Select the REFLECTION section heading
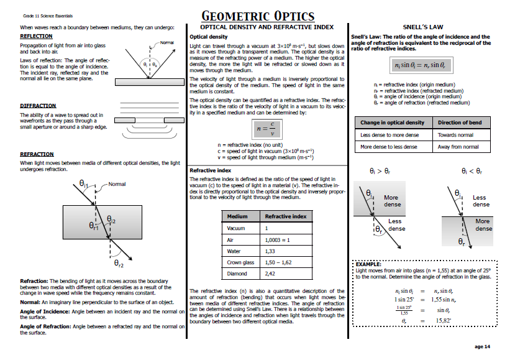tap(36, 36)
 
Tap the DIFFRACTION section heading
tap(38, 106)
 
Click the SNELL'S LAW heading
tap(422, 27)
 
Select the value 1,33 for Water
tap(270, 251)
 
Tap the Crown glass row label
tap(240, 262)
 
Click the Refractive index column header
tap(286, 216)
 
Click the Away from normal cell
tap(458, 147)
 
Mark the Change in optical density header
tap(393, 122)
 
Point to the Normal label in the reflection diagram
tap(166, 42)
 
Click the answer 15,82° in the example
tap(443, 320)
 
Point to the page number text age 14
tap(482, 346)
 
